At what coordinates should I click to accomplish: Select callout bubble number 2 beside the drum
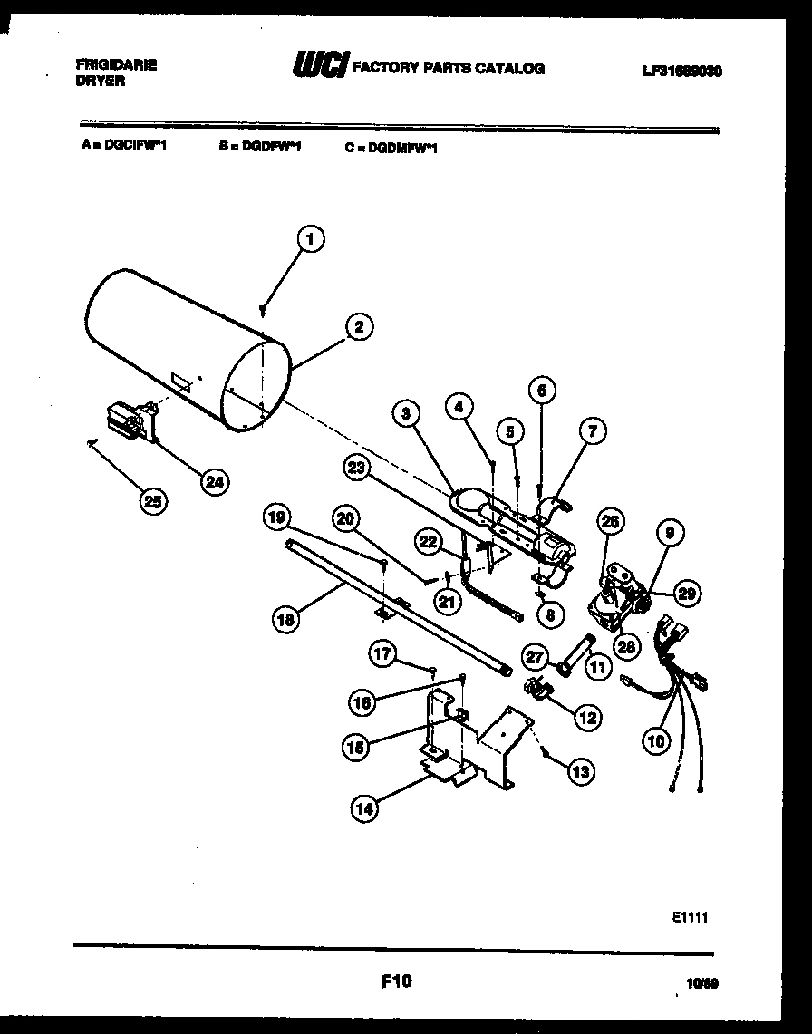tap(359, 327)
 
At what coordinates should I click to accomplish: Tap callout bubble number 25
tap(156, 502)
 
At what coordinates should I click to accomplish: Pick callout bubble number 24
tap(214, 482)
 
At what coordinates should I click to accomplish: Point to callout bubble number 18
tap(287, 620)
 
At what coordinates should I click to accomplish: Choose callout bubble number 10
tap(655, 740)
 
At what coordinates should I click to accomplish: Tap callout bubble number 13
tap(580, 772)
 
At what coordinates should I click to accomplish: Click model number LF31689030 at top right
tap(681, 70)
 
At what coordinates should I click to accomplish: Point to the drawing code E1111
tap(690, 917)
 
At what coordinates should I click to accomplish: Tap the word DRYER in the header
tap(100, 81)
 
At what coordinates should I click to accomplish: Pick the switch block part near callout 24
tap(128, 422)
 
